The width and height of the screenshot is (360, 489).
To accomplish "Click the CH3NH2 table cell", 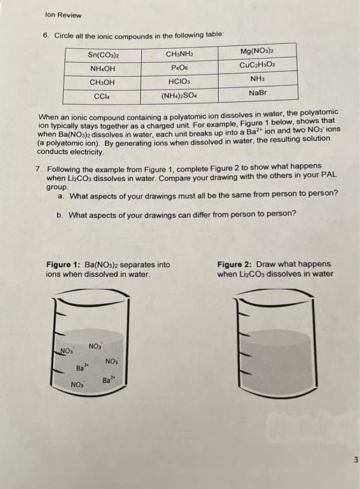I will coord(180,53).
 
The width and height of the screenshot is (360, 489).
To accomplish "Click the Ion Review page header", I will coord(63,15).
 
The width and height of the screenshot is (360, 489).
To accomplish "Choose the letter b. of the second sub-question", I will coord(61,214).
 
